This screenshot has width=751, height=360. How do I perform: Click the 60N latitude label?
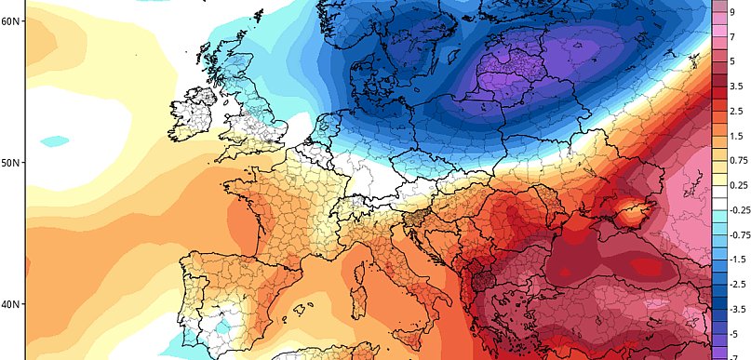11,20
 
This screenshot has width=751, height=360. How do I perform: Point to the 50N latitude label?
11,163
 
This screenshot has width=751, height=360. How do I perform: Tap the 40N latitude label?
11,305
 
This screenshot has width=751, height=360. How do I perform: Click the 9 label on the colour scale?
732,12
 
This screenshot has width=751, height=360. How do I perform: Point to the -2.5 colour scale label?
737,283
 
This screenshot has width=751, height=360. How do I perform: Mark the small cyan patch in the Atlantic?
56,141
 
